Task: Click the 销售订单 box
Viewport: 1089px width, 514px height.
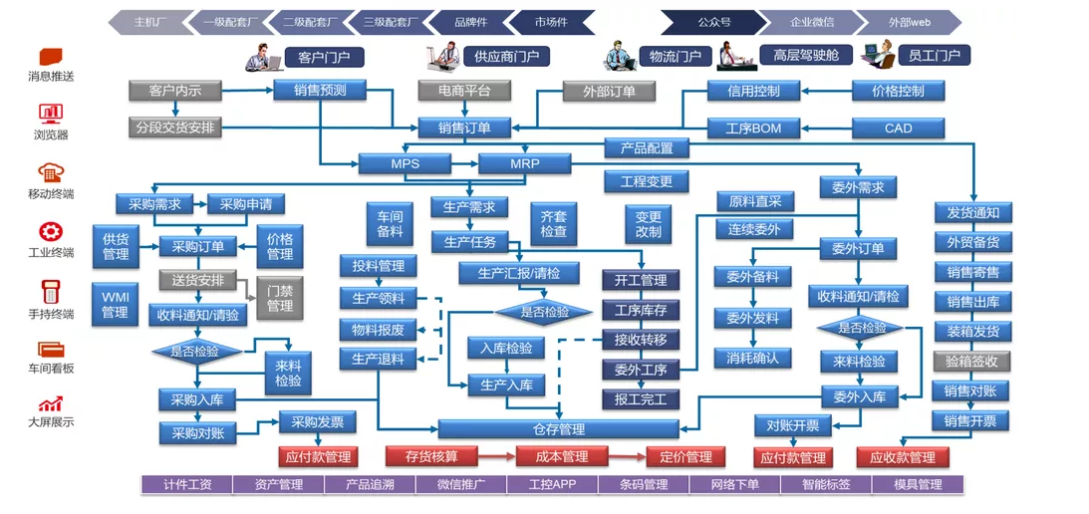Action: tap(464, 128)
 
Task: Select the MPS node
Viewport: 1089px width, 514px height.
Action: tap(405, 163)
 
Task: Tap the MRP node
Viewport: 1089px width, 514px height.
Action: tap(524, 163)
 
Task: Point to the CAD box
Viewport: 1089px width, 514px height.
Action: tap(898, 128)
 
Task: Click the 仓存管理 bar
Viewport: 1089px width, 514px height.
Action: tap(558, 429)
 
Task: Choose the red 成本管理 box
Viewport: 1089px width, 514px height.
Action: tap(561, 456)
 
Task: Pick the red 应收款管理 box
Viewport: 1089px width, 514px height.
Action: tap(902, 457)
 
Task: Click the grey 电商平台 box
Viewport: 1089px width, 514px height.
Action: tap(464, 91)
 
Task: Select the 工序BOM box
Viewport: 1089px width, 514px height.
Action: tap(753, 128)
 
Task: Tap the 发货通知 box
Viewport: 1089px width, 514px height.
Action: tap(972, 212)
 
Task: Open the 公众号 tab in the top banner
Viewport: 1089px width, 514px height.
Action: tap(713, 21)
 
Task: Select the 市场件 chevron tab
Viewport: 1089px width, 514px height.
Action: tap(550, 21)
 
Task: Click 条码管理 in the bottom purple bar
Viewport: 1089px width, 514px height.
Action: tap(643, 485)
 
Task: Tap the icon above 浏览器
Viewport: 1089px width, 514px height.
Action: tap(51, 113)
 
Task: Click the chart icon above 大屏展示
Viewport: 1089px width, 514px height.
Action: tap(51, 403)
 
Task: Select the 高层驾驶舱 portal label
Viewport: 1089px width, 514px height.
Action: tap(805, 56)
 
